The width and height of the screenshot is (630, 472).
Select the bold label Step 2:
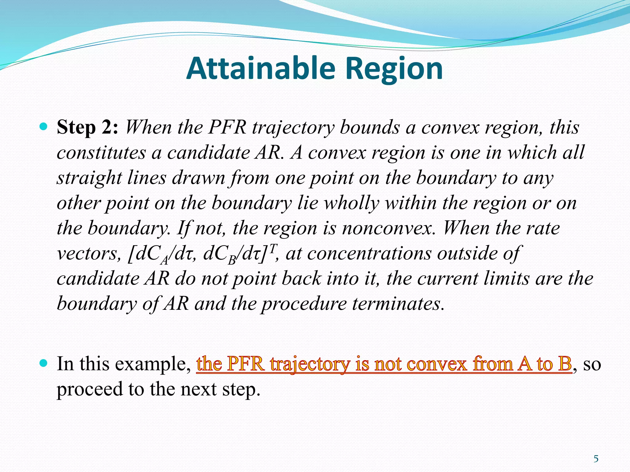click(x=87, y=127)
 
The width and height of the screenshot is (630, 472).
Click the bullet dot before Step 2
click(x=44, y=126)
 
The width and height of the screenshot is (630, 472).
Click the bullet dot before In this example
click(x=44, y=363)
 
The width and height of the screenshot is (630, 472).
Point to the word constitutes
click(x=101, y=152)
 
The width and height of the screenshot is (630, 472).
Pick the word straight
click(x=89, y=178)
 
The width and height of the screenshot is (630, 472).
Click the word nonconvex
click(x=389, y=228)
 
